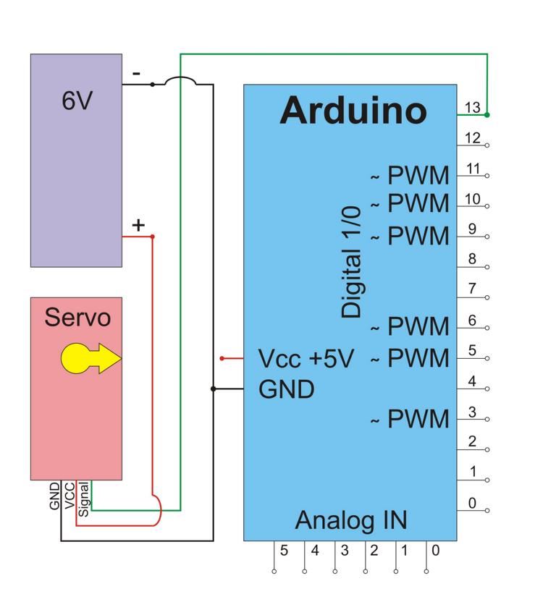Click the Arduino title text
[353, 111]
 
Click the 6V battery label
[77, 101]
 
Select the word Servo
[77, 318]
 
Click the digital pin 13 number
[473, 108]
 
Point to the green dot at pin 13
[487, 115]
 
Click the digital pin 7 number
[472, 289]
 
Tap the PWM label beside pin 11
[418, 176]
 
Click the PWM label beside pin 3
[418, 419]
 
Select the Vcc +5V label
[306, 359]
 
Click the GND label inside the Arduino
[287, 389]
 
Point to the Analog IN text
[351, 520]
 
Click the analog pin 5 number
[285, 551]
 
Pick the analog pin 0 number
[434, 551]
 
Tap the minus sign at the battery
[136, 73]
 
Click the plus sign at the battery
[138, 225]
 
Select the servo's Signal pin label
[83, 498]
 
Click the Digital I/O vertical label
[352, 262]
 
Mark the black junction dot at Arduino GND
[213, 389]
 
